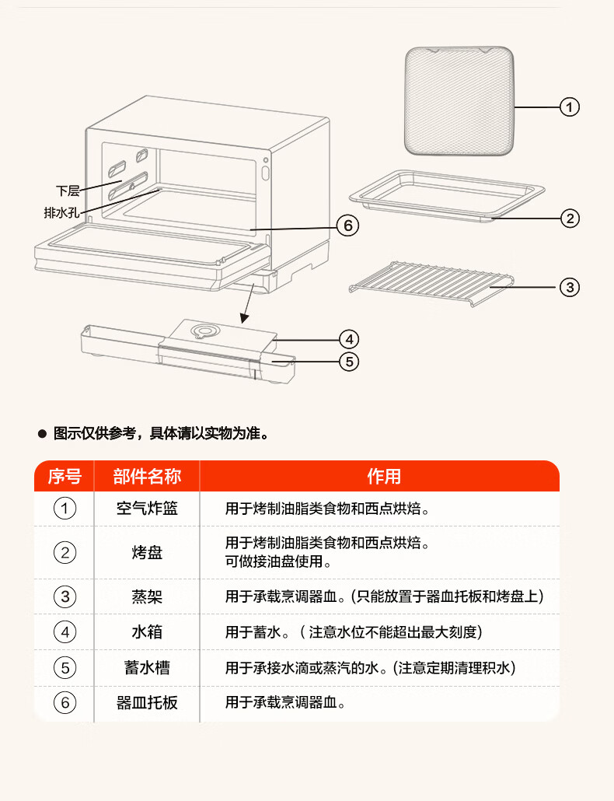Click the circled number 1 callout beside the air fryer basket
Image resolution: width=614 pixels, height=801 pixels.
[x=570, y=107]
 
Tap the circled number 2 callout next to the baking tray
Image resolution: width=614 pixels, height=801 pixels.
[x=570, y=219]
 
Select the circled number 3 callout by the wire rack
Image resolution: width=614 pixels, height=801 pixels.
[x=570, y=287]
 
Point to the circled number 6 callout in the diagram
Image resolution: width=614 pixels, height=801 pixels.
[x=347, y=226]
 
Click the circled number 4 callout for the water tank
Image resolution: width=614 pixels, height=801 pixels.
[x=349, y=339]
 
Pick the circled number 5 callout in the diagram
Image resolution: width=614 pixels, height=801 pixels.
[x=349, y=362]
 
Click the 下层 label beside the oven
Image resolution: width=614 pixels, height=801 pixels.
[x=68, y=191]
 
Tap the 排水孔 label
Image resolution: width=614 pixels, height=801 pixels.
[x=61, y=212]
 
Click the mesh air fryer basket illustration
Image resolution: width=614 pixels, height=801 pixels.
[x=459, y=100]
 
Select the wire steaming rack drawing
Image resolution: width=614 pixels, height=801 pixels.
[x=431, y=284]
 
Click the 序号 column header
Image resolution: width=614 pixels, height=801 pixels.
[x=65, y=476]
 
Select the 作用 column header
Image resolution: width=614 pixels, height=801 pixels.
[x=384, y=476]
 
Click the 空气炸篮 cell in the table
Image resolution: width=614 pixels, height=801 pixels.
[x=147, y=509]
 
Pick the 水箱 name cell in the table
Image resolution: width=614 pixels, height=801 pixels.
[x=147, y=632]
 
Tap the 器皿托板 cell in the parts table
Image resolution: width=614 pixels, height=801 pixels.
[x=147, y=702]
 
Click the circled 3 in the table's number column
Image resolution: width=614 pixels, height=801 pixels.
[x=65, y=596]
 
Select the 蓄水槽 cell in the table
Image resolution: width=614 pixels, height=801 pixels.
[x=147, y=668]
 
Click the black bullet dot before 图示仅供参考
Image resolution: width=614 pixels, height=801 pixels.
[x=43, y=434]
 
